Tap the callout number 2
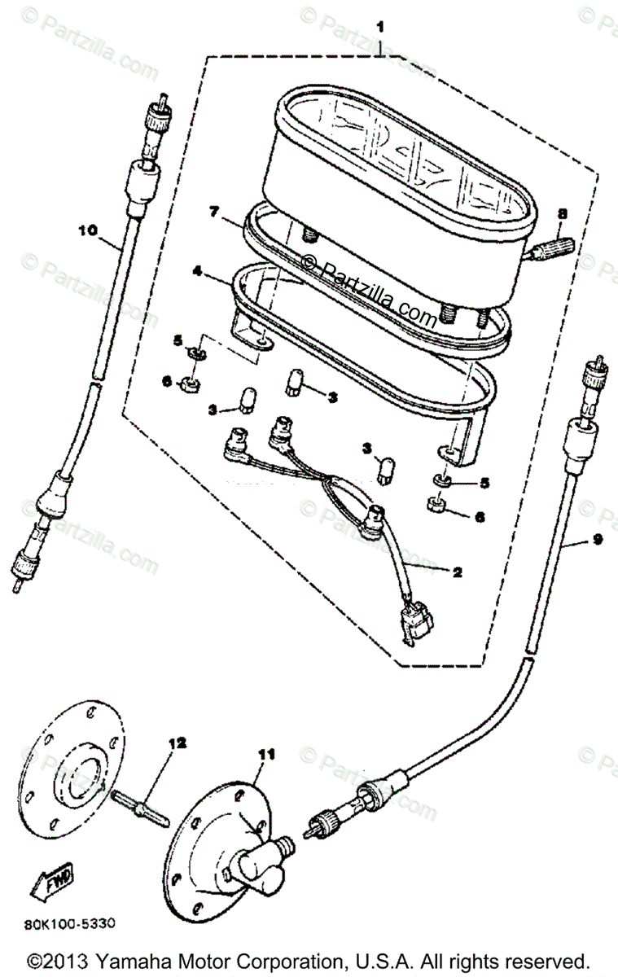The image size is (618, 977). [x=457, y=572]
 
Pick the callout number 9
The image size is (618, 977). [x=598, y=540]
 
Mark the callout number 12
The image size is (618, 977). [x=178, y=743]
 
